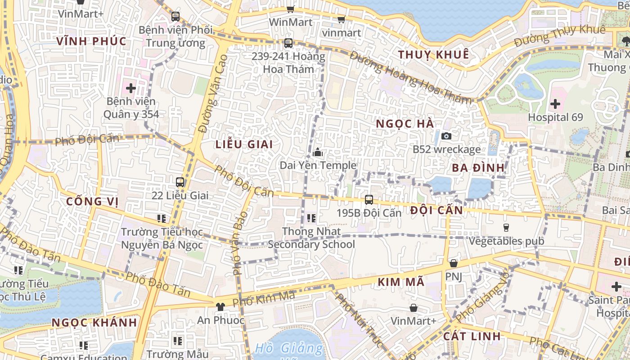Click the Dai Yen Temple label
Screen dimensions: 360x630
click(x=318, y=165)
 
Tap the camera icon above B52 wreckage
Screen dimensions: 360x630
click(x=446, y=136)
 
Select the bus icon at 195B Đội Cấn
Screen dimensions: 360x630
click(x=369, y=199)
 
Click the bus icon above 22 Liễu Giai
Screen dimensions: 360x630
click(x=180, y=182)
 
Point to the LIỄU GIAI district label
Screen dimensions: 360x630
click(x=244, y=144)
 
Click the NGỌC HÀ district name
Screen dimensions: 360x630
click(x=405, y=124)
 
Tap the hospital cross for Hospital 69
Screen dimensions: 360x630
click(x=555, y=104)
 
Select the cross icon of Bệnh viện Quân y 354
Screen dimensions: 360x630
click(x=131, y=88)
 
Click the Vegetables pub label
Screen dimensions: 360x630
click(x=506, y=241)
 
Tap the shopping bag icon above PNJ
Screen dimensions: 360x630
click(x=453, y=263)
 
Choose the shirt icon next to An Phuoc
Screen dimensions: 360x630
click(x=220, y=307)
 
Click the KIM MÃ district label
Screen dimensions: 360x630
click(x=401, y=282)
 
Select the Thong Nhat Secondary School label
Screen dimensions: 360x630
click(x=311, y=238)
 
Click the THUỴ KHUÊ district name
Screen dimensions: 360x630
click(x=433, y=55)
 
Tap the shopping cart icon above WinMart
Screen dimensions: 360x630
click(x=291, y=9)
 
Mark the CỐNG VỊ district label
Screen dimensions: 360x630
click(x=92, y=201)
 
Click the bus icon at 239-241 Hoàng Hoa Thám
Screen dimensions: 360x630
click(x=288, y=44)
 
